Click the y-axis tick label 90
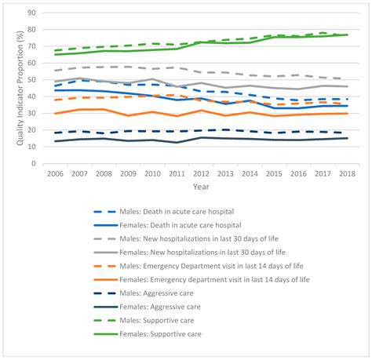tap(31, 13)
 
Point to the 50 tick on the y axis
tap(31, 80)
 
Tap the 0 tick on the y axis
tap(33, 164)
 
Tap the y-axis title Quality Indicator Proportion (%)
tap(10, 88)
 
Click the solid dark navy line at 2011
tap(178, 143)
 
